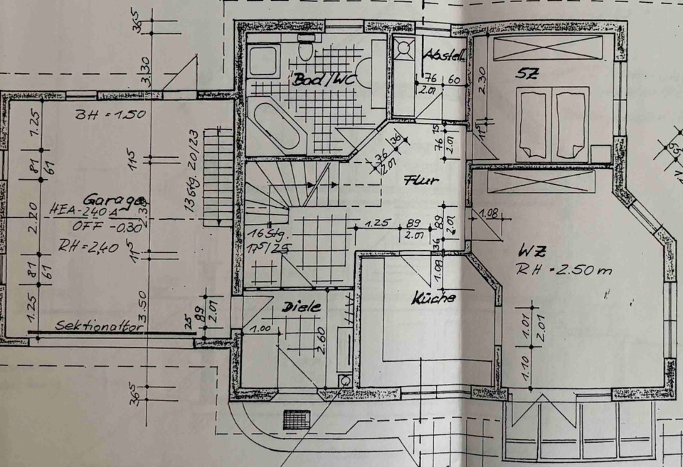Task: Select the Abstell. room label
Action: pyautogui.click(x=445, y=55)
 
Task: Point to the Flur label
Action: pyautogui.click(x=420, y=181)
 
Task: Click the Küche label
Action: pyautogui.click(x=433, y=299)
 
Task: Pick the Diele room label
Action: pyautogui.click(x=302, y=307)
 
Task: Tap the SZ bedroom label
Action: pyautogui.click(x=527, y=72)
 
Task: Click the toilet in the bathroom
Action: pyautogui.click(x=306, y=48)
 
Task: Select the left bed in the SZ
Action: pyautogui.click(x=531, y=124)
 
